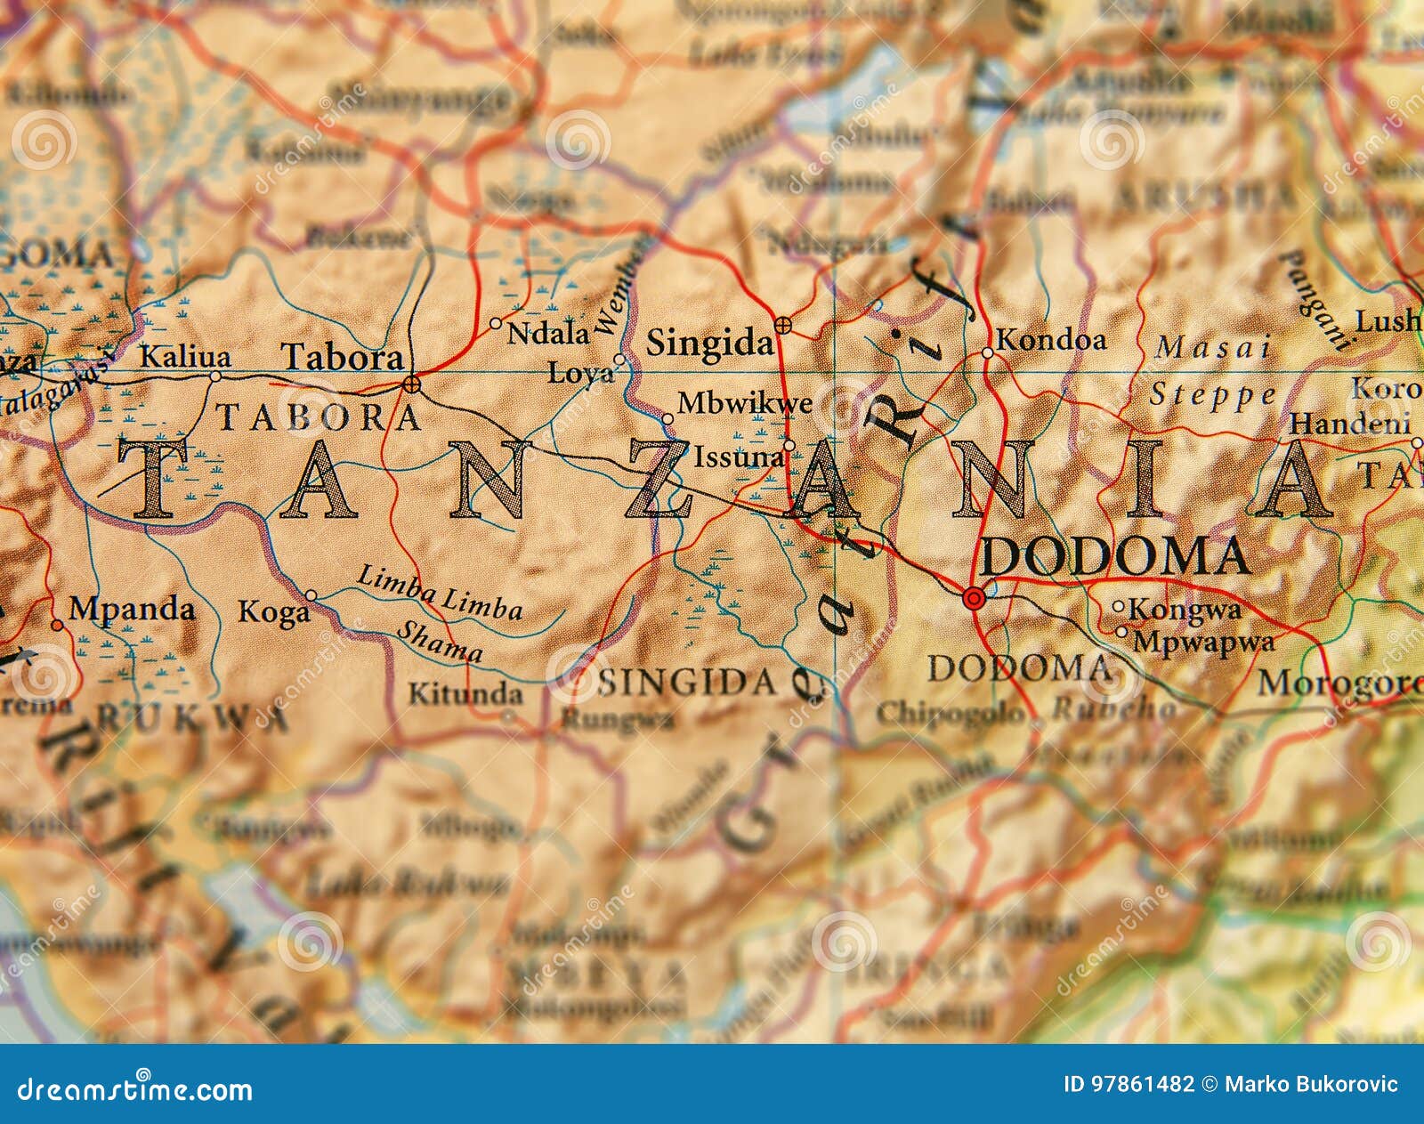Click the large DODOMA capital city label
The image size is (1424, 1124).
(x=1114, y=557)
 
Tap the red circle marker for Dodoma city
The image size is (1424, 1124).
(x=974, y=599)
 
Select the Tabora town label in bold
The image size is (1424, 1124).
(x=343, y=358)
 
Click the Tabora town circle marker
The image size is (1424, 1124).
(x=411, y=384)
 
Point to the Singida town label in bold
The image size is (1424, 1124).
(x=709, y=344)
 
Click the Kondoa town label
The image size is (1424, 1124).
(x=1051, y=340)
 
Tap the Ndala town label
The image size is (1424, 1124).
(x=548, y=334)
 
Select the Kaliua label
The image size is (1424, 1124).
(x=186, y=358)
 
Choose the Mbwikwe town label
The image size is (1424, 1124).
(x=745, y=404)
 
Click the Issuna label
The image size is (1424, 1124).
(x=740, y=457)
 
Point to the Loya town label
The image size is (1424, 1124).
(x=580, y=372)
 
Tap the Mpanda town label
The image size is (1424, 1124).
(x=132, y=610)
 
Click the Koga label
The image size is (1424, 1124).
(x=273, y=612)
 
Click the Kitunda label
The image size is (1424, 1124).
(x=465, y=693)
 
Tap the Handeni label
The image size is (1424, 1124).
(x=1350, y=424)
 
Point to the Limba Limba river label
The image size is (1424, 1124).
(x=440, y=592)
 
